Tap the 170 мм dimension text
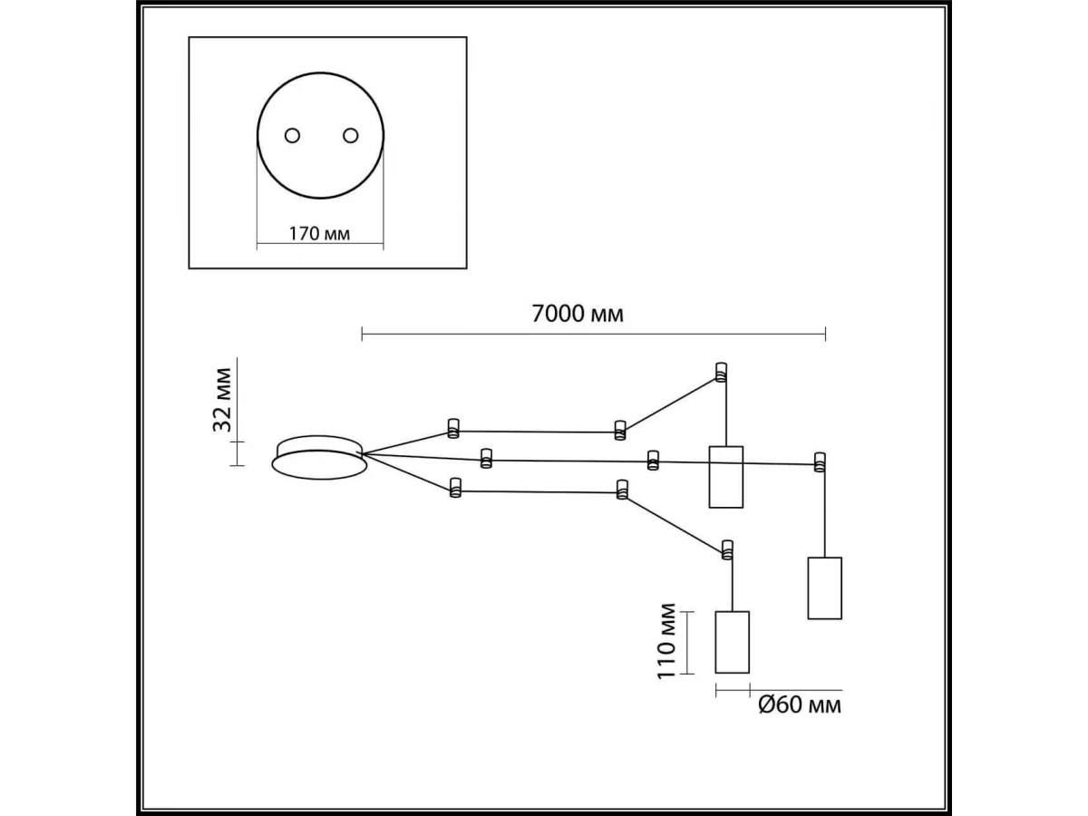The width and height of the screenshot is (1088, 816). click(319, 234)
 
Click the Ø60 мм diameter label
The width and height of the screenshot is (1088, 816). click(799, 704)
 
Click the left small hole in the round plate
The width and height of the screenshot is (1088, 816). click(292, 136)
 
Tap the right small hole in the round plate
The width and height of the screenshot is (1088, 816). click(350, 136)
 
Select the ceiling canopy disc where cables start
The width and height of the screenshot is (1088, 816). click(319, 458)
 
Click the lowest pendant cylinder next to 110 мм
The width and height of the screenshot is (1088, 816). click(733, 642)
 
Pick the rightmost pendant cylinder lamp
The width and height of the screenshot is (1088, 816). click(825, 588)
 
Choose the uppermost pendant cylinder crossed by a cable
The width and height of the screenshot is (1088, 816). click(725, 476)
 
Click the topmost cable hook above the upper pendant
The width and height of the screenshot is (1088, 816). click(722, 372)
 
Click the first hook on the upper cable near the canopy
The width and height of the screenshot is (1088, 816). click(452, 427)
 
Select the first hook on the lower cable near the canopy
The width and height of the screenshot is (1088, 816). click(453, 491)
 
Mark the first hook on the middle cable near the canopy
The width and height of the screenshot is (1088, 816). click(486, 458)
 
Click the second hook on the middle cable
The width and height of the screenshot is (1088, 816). click(652, 461)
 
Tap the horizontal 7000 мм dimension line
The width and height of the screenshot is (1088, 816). click(593, 335)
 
